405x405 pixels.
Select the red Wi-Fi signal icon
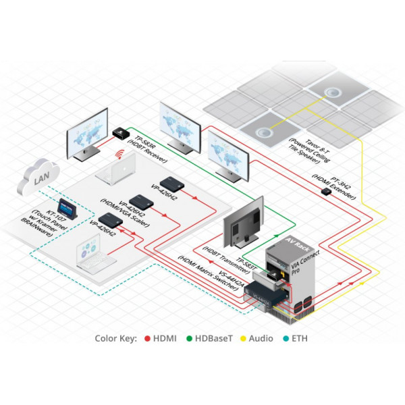(121, 155)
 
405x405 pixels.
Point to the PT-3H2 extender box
(326, 191)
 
